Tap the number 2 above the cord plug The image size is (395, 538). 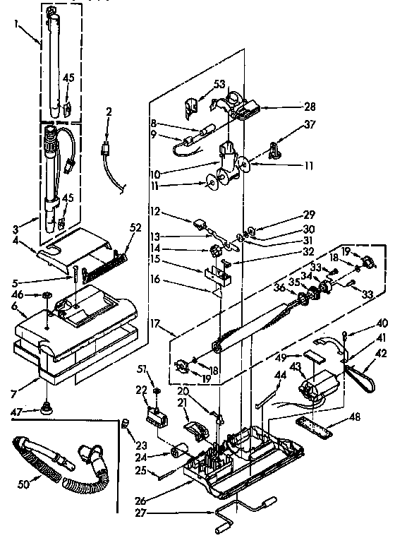pyautogui.click(x=108, y=113)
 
